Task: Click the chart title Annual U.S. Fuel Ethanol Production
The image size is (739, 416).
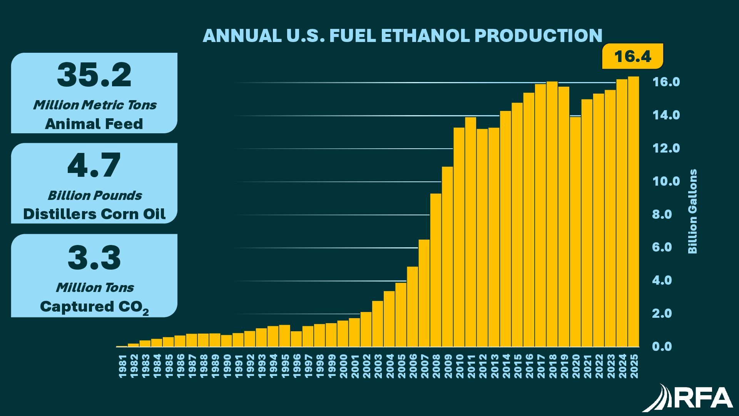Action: [402, 35]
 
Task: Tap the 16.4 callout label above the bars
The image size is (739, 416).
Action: [632, 57]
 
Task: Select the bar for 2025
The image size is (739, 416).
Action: [634, 212]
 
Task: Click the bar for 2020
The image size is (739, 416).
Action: [575, 231]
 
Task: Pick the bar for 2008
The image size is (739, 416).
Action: [436, 270]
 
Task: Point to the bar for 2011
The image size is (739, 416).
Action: [470, 231]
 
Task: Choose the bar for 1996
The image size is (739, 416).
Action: [296, 339]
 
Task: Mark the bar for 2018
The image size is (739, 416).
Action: [552, 214]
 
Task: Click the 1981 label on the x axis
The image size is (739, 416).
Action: [122, 367]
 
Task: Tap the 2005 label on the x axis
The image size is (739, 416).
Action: [401, 367]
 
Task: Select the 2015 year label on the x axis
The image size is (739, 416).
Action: [517, 367]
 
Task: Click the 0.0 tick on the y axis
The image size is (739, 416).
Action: [662, 347]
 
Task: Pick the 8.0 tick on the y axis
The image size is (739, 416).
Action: [662, 215]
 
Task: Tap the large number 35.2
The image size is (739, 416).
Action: [94, 75]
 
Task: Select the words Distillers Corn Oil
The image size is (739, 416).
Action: [94, 214]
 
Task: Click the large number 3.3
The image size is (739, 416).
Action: [94, 258]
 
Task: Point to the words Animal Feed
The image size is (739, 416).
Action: [94, 124]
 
